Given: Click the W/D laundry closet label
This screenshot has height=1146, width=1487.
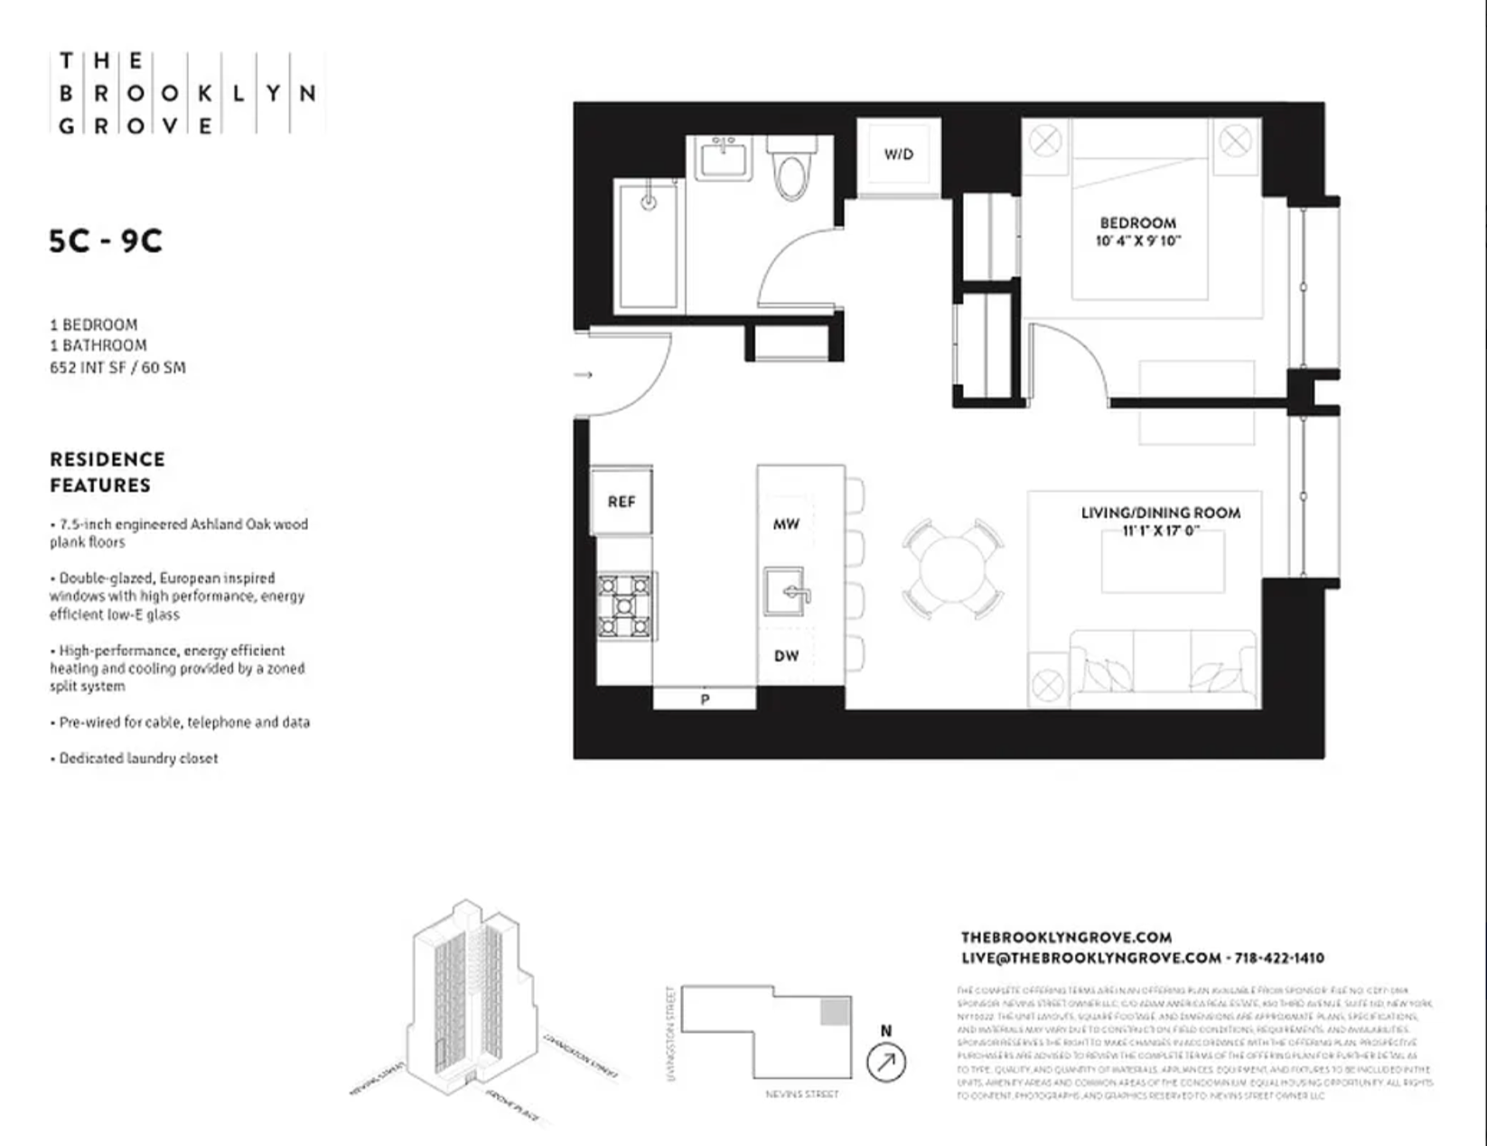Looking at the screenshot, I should (x=898, y=155).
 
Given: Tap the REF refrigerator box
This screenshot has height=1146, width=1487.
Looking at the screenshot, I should (x=622, y=502).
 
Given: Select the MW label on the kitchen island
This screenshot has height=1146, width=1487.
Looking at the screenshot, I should (x=786, y=524).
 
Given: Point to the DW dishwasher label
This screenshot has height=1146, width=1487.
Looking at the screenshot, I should (x=786, y=655).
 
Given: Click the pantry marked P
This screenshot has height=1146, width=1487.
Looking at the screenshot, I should (x=705, y=699).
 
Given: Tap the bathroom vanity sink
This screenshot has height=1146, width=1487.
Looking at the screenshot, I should (x=724, y=161).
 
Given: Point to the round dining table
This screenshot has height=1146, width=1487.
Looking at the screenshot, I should (x=952, y=569).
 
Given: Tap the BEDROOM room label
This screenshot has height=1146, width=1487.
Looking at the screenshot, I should (x=1137, y=223).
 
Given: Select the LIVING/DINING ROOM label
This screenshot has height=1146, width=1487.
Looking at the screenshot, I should (x=1161, y=513).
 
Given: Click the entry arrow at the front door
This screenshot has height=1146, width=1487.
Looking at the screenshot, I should (x=585, y=374).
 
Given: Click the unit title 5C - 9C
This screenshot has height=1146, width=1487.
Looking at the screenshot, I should (x=106, y=241).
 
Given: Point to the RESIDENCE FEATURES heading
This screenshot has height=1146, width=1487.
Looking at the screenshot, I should (x=107, y=472).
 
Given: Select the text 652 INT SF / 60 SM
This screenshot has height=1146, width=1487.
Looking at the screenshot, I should (x=117, y=368).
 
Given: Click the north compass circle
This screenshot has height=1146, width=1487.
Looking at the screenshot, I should (x=886, y=1062).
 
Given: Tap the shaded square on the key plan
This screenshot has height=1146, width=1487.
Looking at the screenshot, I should (x=835, y=1011).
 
